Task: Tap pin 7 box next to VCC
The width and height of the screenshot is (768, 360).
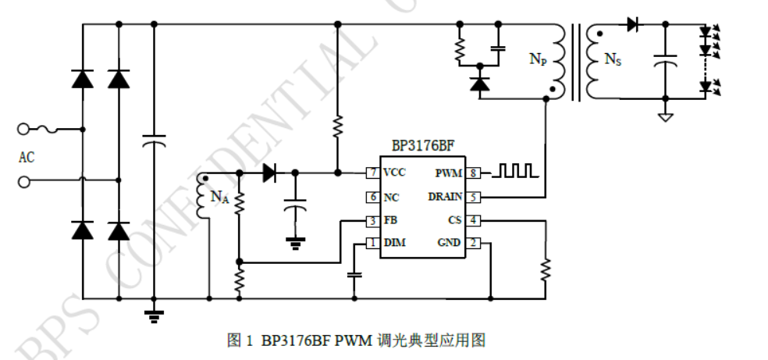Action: coord(373,173)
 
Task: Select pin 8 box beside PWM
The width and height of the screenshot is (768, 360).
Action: coord(475,173)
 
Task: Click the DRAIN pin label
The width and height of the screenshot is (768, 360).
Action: coord(444,197)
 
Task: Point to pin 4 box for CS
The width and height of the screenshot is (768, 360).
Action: coord(475,220)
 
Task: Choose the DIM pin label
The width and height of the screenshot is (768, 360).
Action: coord(394,244)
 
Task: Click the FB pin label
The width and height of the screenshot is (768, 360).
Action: coord(390,220)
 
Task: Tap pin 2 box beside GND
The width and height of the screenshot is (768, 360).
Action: coord(475,244)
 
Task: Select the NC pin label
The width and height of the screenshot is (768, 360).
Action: coord(391,197)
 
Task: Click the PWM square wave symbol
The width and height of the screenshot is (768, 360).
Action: coord(517,170)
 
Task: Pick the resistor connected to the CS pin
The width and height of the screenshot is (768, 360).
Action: coord(545,269)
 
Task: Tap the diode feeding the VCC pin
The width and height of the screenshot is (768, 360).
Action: coord(270,173)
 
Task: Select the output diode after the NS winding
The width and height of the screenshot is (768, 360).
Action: coord(631,25)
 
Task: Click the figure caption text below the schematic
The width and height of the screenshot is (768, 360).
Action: coord(357,340)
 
